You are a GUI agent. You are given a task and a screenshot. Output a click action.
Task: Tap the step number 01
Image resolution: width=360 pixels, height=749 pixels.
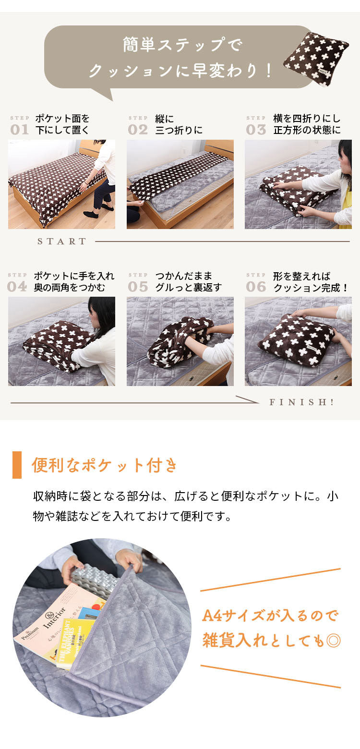(20, 130)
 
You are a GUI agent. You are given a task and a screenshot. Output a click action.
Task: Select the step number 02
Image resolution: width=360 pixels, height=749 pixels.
(138, 130)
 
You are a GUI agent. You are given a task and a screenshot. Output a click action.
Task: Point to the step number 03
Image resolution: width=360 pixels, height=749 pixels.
(256, 130)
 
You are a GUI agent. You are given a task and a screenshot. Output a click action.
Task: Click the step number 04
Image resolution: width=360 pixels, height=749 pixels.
(17, 287)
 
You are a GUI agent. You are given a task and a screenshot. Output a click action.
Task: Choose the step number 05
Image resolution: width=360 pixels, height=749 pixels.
(138, 287)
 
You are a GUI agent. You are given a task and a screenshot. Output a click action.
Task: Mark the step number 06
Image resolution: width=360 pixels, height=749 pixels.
(256, 287)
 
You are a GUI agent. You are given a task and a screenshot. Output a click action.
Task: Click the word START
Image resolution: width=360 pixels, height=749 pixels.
(62, 242)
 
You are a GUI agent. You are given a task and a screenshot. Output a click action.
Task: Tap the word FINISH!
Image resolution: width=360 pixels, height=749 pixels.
(302, 402)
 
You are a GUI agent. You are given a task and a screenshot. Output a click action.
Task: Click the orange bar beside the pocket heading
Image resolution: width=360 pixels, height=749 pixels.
(17, 465)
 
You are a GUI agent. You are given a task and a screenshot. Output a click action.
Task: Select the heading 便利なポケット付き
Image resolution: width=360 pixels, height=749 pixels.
(104, 465)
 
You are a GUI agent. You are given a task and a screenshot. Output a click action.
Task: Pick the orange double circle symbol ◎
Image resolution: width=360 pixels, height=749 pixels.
(333, 640)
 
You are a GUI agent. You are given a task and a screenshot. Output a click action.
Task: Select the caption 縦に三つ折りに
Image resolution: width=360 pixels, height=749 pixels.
(179, 124)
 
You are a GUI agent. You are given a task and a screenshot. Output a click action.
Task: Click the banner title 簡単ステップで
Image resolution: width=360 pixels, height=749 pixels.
(182, 46)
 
